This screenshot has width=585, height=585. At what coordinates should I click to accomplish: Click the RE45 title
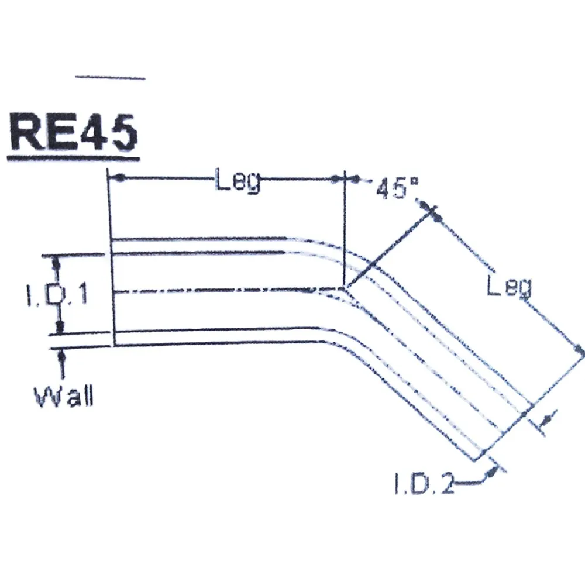[74, 131]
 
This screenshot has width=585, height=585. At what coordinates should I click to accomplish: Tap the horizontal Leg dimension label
[238, 181]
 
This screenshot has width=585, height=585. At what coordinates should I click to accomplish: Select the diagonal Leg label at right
[510, 287]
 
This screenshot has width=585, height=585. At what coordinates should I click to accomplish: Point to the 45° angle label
[397, 188]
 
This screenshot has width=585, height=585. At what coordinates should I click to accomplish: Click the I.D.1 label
[57, 294]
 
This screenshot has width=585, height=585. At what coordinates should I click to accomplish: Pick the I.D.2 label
[424, 483]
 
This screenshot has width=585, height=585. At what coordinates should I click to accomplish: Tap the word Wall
[64, 396]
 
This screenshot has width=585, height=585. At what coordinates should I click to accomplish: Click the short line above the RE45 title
[110, 78]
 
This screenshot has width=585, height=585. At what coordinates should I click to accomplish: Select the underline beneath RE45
[74, 159]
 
